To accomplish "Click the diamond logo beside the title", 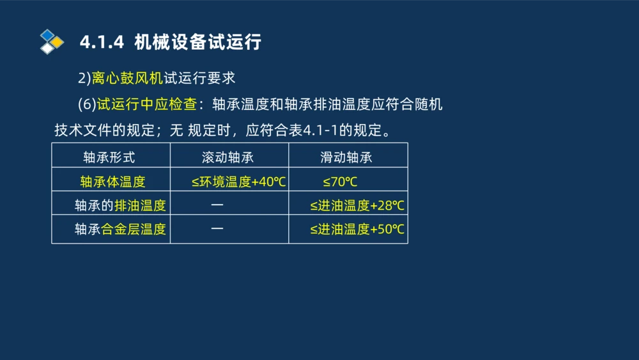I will (52, 42).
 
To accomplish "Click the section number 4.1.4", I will (101, 42).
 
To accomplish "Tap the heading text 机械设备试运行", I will (198, 42).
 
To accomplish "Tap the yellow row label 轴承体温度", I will (113, 182).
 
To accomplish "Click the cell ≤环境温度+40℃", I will (238, 182).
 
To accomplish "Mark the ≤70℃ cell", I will (340, 182).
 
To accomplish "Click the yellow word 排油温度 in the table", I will (140, 206).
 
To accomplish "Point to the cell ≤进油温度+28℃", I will (357, 206).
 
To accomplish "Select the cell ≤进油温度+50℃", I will (357, 230).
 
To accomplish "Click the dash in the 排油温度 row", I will (217, 205).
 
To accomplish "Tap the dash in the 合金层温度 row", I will (217, 229).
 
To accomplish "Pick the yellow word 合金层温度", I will (134, 230).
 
